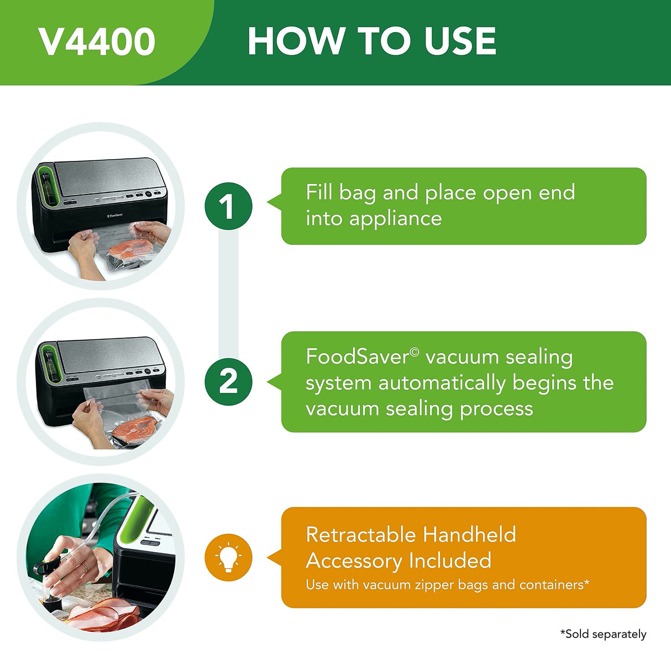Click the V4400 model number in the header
[x=97, y=42]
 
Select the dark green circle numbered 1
[x=228, y=206]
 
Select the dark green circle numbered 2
[x=228, y=381]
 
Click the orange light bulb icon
[x=228, y=557]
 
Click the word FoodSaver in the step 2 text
[x=358, y=357]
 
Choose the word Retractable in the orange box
[x=360, y=534]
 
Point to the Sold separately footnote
[x=603, y=634]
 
